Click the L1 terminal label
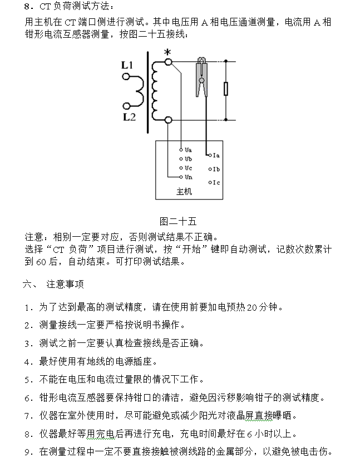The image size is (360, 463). (x=127, y=66)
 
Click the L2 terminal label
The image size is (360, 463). (x=129, y=117)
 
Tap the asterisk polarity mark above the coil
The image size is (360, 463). (x=166, y=53)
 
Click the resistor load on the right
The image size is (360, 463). (x=225, y=89)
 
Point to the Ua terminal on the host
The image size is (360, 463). (x=188, y=150)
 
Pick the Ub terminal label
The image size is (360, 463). (x=188, y=159)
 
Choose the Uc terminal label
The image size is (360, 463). (x=188, y=168)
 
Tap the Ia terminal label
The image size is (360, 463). (x=216, y=156)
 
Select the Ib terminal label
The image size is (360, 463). (x=216, y=169)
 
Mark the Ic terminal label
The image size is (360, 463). (x=216, y=182)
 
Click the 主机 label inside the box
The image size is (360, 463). (x=184, y=192)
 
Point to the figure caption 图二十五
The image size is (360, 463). (x=174, y=221)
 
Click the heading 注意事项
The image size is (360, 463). (x=65, y=284)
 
